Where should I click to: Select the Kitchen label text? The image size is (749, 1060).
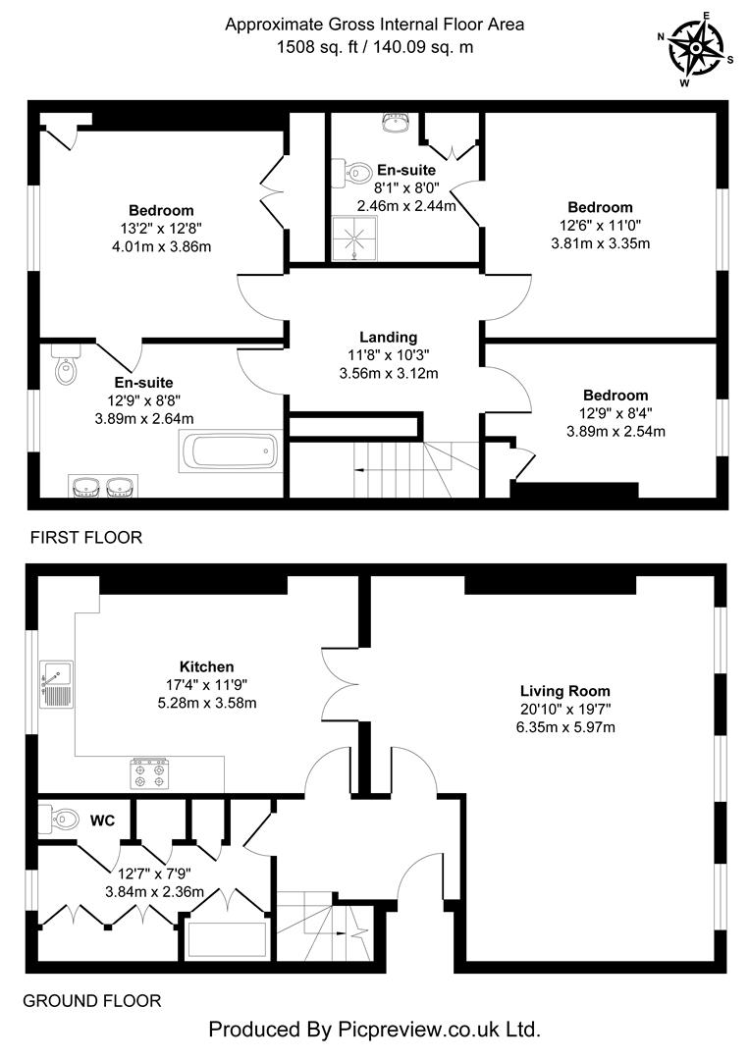pos(206,666)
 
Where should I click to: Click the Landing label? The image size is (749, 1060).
pos(388,337)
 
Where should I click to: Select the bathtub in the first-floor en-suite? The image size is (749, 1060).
pos(231,453)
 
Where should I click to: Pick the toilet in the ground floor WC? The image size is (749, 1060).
pos(60,818)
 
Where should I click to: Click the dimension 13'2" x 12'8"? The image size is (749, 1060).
pos(161,229)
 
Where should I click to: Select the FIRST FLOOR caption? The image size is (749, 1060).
pos(86,538)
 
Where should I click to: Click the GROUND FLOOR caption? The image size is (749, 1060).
pos(91,1001)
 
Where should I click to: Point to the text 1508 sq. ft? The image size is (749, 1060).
pos(320,46)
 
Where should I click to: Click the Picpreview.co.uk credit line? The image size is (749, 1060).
pos(374,1030)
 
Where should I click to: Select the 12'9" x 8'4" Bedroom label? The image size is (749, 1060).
pos(615,396)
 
